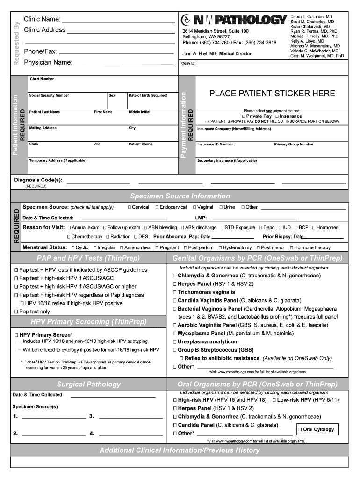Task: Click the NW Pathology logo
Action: click(233, 20)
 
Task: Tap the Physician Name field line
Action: click(123, 63)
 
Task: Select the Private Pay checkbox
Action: click(244, 116)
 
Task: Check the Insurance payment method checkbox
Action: click(277, 116)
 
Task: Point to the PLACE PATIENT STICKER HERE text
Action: click(272, 93)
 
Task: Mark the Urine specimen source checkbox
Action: click(220, 207)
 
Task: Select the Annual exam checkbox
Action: click(69, 228)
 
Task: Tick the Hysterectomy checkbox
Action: click(220, 247)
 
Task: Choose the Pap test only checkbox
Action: click(16, 312)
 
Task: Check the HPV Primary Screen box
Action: click(16, 335)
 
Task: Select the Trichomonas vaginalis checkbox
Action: click(175, 292)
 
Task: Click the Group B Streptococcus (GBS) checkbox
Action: click(175, 350)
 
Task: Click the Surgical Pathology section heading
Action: click(88, 384)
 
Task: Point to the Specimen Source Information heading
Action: click(180, 196)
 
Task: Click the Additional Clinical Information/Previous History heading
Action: click(180, 450)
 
